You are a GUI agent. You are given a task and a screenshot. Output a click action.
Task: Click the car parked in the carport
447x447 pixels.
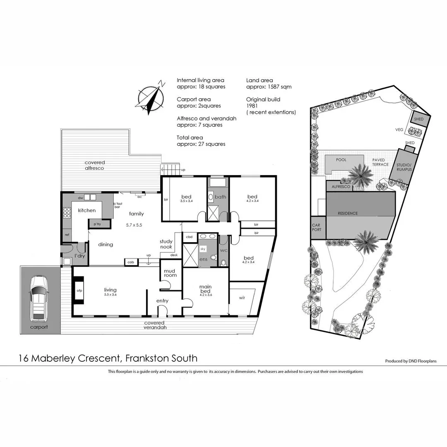(38, 298)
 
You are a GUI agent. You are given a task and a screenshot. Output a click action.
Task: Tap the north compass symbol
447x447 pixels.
(151, 99)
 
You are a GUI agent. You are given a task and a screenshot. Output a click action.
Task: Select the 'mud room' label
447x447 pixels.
(170, 272)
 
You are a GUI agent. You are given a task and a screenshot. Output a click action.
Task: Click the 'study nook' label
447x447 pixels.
(166, 244)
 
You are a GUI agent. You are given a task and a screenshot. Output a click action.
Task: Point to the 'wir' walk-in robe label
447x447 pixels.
(243, 298)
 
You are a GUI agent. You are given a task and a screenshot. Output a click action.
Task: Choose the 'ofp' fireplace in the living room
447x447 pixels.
(79, 291)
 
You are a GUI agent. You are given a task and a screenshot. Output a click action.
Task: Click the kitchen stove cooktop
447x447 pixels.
(67, 213)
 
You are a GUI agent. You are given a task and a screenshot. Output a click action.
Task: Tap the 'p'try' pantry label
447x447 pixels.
(98, 224)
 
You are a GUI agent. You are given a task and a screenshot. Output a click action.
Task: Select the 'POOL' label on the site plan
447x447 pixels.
(341, 160)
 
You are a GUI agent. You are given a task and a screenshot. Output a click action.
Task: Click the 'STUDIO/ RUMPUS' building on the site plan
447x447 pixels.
(404, 167)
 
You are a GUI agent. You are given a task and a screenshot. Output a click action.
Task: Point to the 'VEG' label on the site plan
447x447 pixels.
(399, 130)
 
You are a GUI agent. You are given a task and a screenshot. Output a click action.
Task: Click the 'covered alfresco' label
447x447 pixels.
(95, 166)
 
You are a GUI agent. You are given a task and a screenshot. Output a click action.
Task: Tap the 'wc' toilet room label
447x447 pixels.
(223, 251)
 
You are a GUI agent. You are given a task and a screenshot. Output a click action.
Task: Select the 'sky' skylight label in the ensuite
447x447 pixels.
(203, 249)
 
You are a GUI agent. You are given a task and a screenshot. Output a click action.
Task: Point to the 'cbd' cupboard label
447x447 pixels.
(190, 237)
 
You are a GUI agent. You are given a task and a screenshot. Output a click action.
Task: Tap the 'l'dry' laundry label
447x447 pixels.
(79, 256)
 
